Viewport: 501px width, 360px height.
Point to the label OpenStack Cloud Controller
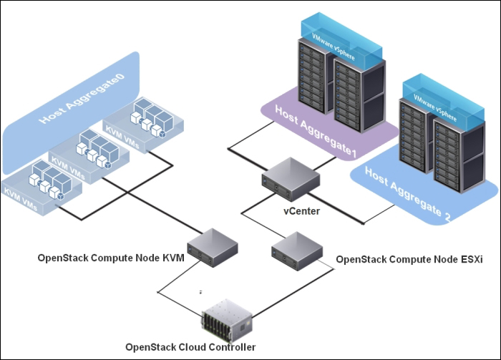click(190, 347)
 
